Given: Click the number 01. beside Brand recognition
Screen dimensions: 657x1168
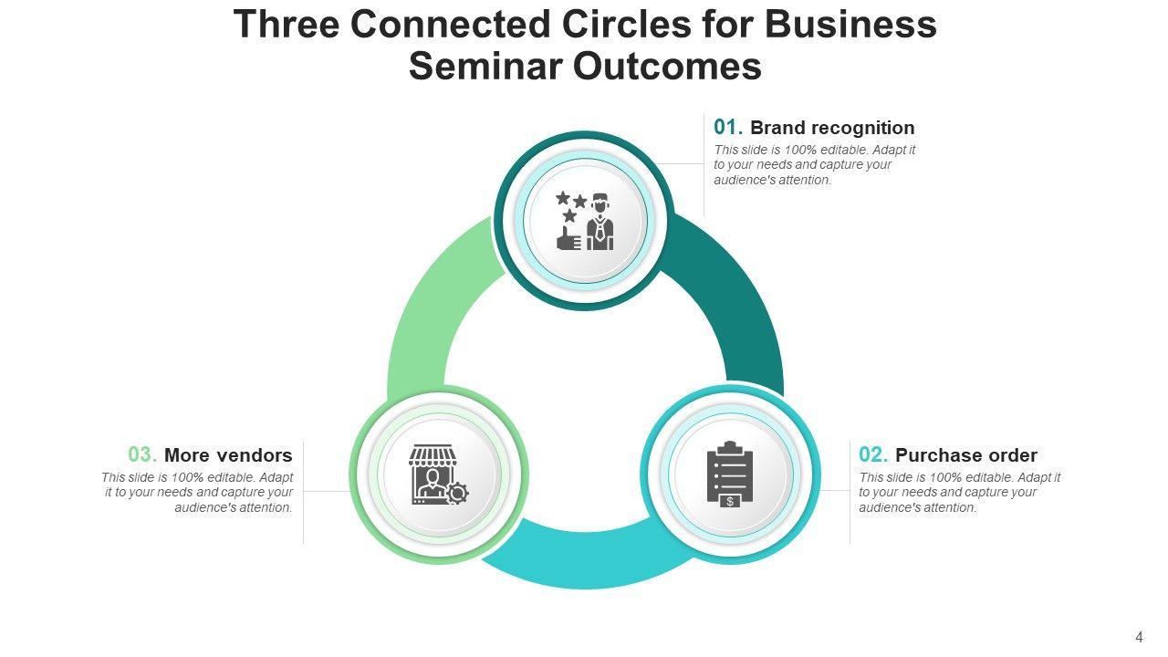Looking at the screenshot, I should pyautogui.click(x=728, y=128).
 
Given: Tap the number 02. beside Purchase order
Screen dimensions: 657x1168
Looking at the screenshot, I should pyautogui.click(x=873, y=454).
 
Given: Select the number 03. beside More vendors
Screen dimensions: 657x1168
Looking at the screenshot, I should pyautogui.click(x=142, y=454).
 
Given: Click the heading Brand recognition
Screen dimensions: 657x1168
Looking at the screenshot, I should pyautogui.click(x=832, y=128).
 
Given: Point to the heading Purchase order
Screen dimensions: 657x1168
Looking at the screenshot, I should pyautogui.click(x=966, y=454).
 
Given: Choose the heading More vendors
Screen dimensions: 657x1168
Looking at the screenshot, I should pyautogui.click(x=228, y=454).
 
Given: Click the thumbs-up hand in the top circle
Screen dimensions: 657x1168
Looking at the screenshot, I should pyautogui.click(x=568, y=239).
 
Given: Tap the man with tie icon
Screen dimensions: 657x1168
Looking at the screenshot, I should pyautogui.click(x=600, y=222).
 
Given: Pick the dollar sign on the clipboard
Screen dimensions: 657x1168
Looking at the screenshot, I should pyautogui.click(x=730, y=501).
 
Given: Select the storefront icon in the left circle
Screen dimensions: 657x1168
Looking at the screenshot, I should pyautogui.click(x=433, y=473).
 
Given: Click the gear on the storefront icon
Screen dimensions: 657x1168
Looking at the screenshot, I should pyautogui.click(x=457, y=494).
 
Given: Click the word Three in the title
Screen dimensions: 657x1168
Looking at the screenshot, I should pyautogui.click(x=287, y=25).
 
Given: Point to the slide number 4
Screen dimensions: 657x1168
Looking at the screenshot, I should pyautogui.click(x=1139, y=638).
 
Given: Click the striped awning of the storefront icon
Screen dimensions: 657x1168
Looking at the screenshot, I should pyautogui.click(x=432, y=454).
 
